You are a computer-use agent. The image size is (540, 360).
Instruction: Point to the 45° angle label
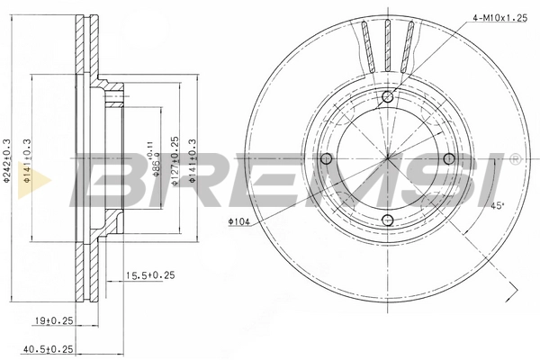click(495, 204)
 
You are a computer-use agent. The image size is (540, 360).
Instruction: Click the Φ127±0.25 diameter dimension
click(175, 162)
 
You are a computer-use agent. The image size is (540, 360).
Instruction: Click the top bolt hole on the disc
click(388, 97)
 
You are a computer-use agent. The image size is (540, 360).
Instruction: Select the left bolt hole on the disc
click(327, 159)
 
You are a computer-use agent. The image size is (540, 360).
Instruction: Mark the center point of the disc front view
click(388, 159)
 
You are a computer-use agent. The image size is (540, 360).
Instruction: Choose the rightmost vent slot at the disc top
click(410, 43)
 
